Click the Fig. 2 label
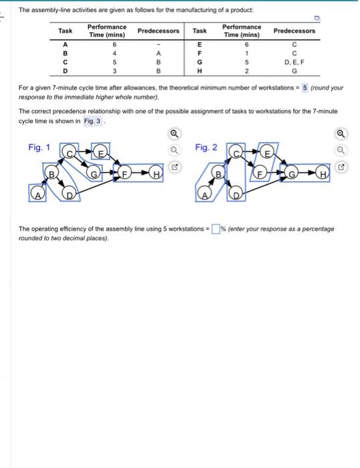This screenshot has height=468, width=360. [x=206, y=146]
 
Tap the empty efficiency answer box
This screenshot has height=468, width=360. [x=216, y=229]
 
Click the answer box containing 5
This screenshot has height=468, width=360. [x=305, y=88]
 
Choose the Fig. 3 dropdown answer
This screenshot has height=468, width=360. [x=90, y=121]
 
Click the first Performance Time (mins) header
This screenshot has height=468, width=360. [x=106, y=31]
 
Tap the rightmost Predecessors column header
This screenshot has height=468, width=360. [x=294, y=31]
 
